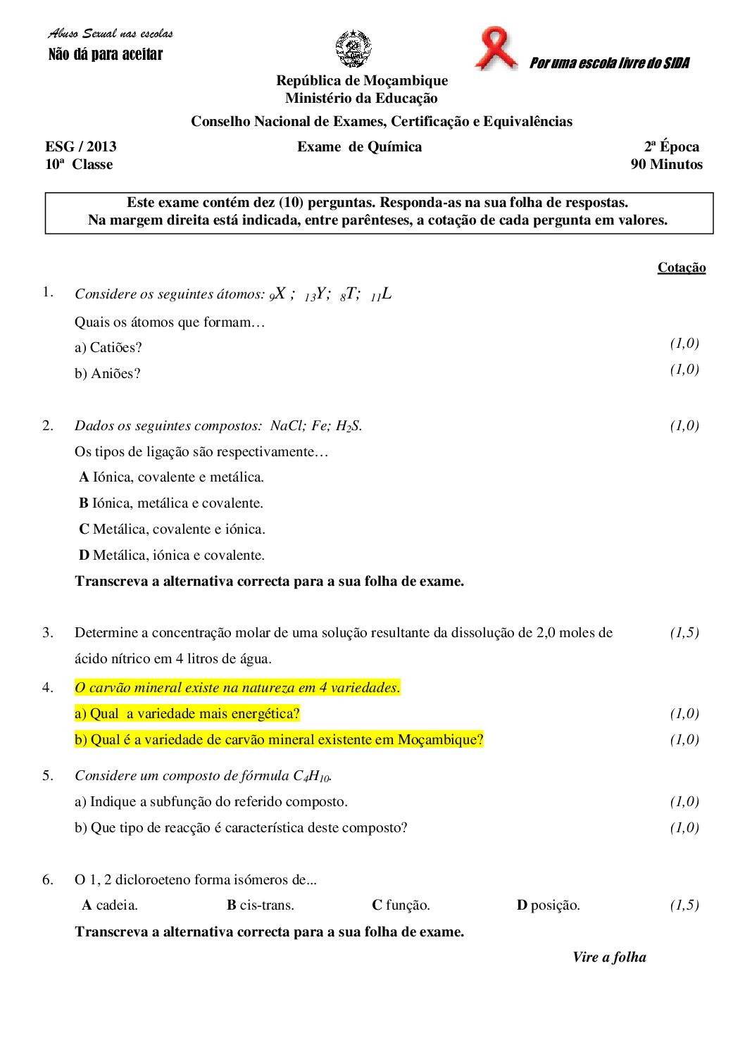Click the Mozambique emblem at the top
click(353, 49)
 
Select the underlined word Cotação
click(681, 268)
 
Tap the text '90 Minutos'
click(666, 165)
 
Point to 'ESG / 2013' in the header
click(81, 146)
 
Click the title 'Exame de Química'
click(359, 146)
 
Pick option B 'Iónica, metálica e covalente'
click(171, 503)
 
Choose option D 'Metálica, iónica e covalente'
click(172, 556)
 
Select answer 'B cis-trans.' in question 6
click(261, 905)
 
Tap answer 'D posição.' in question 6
click(548, 905)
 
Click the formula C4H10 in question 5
click(311, 776)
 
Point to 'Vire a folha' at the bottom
click(609, 957)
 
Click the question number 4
click(48, 687)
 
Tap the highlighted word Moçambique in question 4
click(440, 740)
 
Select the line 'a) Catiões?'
click(108, 348)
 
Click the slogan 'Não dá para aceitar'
click(106, 55)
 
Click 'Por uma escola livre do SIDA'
click(609, 63)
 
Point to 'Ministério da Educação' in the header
click(361, 99)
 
